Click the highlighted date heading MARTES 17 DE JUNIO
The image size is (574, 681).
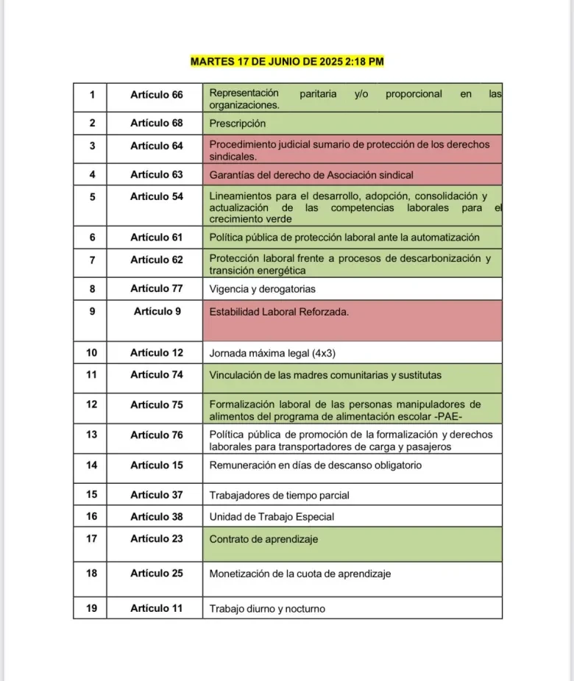(x=287, y=62)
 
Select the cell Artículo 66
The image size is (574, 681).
(x=156, y=95)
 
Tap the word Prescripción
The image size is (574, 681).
(x=237, y=124)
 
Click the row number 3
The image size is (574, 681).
(x=92, y=146)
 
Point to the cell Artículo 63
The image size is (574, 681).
(x=156, y=174)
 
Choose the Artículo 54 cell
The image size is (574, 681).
(x=156, y=196)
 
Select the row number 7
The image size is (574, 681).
(x=92, y=260)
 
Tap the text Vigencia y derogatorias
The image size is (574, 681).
(x=263, y=289)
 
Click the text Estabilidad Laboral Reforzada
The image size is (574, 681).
(x=279, y=312)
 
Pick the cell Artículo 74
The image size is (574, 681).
(x=156, y=374)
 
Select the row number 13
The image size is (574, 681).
(x=92, y=435)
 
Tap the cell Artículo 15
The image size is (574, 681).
(x=156, y=465)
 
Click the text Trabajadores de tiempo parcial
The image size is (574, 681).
(x=279, y=495)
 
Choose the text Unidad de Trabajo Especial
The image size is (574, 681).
(x=272, y=517)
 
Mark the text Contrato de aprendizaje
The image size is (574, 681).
(x=263, y=539)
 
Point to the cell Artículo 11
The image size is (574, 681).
(x=156, y=608)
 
